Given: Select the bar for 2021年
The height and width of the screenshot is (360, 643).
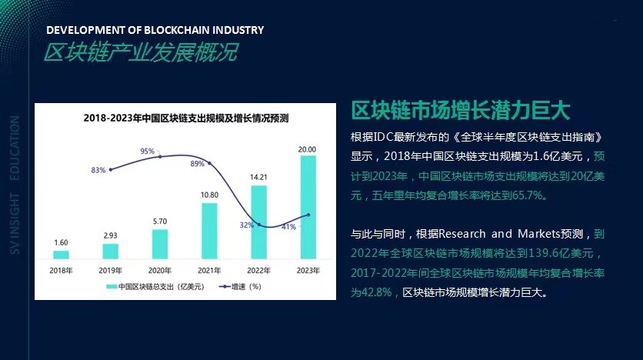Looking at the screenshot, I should tap(209, 231).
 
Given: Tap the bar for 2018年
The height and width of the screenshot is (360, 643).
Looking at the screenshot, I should tap(61, 254).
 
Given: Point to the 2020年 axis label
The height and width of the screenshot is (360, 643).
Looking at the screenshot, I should tap(159, 271).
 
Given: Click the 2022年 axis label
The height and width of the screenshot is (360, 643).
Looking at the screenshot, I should tap(258, 271).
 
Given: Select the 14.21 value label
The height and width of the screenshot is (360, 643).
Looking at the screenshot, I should tap(258, 177).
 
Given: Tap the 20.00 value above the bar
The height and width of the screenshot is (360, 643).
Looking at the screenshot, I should tap(308, 148).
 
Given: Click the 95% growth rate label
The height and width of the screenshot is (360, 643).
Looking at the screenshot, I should tap(148, 152).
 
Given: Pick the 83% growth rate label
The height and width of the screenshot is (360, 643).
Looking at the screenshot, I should tap(98, 169).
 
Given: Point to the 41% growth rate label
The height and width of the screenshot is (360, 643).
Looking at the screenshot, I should tap(288, 227).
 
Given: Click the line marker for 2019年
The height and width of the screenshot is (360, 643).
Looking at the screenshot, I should tap(111, 169).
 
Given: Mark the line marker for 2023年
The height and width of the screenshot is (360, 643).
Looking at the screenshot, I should tap(308, 215).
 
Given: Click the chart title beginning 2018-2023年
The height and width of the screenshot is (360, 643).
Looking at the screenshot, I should tap(185, 118).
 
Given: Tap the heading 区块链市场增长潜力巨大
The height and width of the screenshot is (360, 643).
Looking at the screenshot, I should tap(460, 110).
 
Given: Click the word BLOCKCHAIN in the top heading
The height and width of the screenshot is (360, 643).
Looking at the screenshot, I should tap(154, 30).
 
